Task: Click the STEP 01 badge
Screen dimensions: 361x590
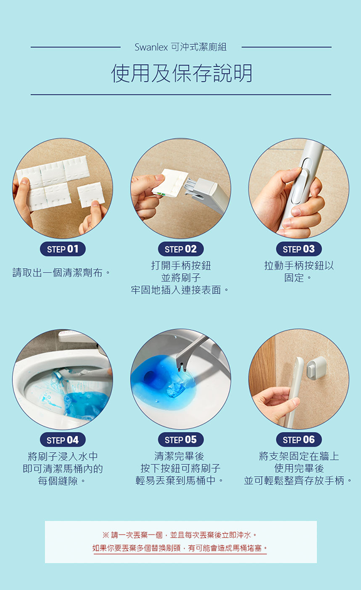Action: [63, 249]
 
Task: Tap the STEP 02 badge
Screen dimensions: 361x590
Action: [180, 249]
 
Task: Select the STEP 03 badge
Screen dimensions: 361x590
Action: [299, 249]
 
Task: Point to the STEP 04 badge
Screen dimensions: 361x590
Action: [63, 440]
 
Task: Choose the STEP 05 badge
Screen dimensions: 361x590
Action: [180, 440]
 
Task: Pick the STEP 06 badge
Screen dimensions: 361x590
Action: [299, 440]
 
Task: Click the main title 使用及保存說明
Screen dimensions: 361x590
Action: [182, 73]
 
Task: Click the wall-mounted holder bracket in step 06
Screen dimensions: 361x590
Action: [316, 367]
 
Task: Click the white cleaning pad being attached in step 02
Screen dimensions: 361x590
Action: [171, 183]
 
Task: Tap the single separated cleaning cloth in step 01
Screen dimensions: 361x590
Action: [91, 194]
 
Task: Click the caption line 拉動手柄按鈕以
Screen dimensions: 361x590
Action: [299, 266]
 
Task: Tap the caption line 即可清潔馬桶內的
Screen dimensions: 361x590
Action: [63, 469]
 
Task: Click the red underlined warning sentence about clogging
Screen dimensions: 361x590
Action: [180, 548]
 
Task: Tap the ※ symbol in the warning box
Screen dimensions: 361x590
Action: [106, 535]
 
